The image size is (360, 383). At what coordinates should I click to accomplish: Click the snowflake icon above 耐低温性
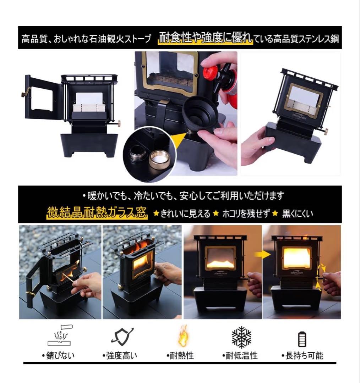pos(241,337)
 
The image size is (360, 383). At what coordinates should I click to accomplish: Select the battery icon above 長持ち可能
pos(302,339)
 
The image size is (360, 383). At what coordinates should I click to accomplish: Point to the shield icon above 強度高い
pos(122,336)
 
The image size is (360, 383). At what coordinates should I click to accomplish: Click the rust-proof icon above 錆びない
pos(60,335)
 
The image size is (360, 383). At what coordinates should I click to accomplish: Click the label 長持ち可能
pos(302,355)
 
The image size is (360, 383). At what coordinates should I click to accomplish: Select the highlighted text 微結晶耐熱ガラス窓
pos(97,212)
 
